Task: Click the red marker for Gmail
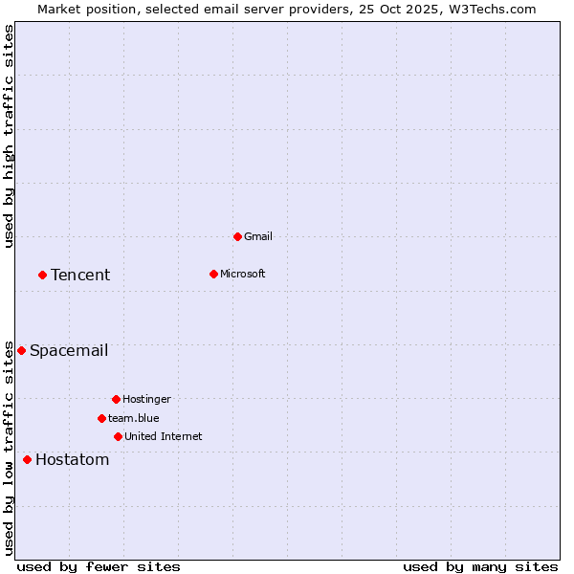pos(237,236)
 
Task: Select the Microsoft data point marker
pos(213,274)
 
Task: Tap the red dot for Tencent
pos(42,275)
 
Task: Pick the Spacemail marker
pos(21,350)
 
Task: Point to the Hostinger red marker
pos(116,399)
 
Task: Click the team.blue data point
pos(101,418)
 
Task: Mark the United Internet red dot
pos(118,436)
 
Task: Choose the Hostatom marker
pos(27,459)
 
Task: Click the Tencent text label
pos(80,275)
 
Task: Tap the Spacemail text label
pos(69,350)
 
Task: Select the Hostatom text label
pos(73,459)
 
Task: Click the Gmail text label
pos(258,236)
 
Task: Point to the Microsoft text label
pos(243,274)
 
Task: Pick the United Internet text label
pos(164,436)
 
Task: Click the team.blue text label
pos(134,418)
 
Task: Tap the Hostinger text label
pos(146,399)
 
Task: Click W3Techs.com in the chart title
pos(493,9)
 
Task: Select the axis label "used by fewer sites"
pos(99,566)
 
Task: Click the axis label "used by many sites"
pos(480,566)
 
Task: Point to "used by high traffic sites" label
pos(9,136)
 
